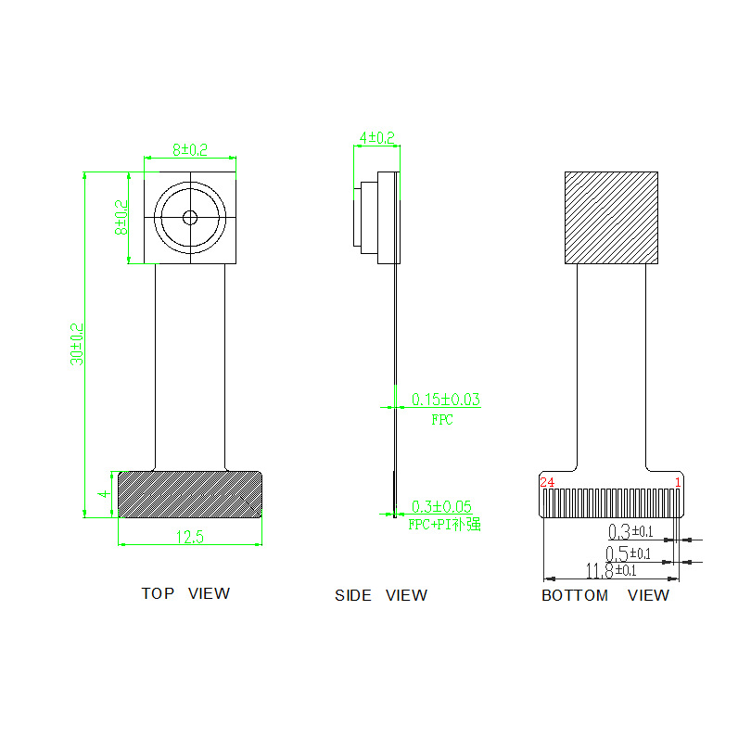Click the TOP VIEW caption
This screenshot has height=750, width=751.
click(185, 593)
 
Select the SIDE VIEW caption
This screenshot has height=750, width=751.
click(381, 595)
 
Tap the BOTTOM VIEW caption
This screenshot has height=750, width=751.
click(605, 595)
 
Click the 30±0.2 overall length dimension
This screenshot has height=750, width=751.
click(77, 344)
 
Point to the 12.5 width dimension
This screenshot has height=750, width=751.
click(190, 537)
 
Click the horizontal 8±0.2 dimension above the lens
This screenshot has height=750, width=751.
click(190, 150)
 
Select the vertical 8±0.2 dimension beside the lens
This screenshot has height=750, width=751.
click(121, 218)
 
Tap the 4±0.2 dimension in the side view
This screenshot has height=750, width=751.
click(377, 138)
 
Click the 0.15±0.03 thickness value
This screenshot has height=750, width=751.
click(446, 400)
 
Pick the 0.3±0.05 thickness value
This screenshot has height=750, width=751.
click(441, 506)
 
